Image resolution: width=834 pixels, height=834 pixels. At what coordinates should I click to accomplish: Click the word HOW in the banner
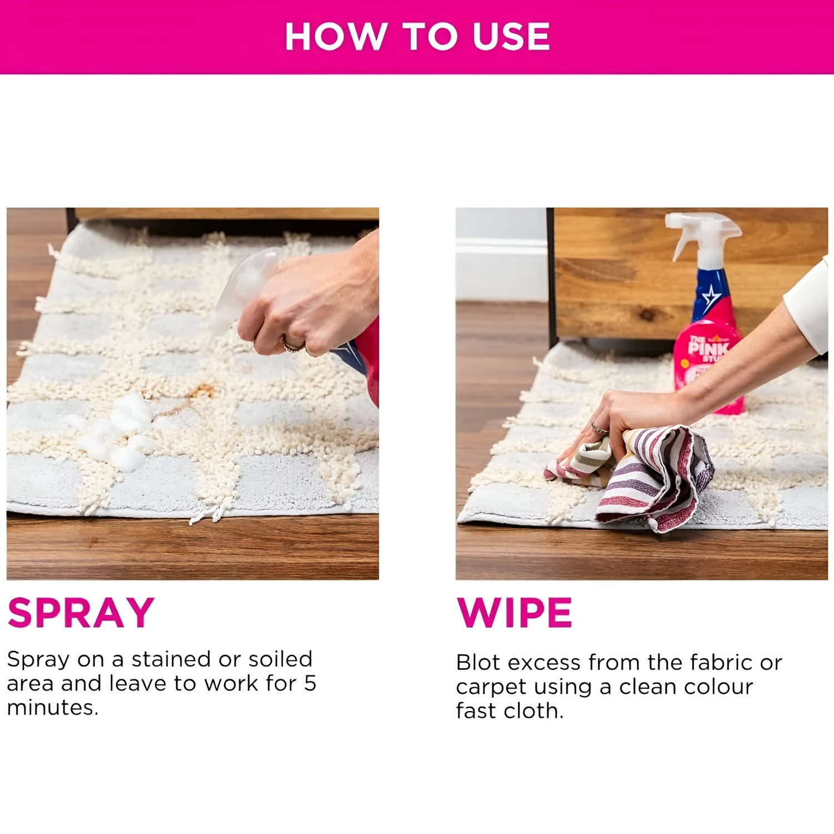tap(336, 37)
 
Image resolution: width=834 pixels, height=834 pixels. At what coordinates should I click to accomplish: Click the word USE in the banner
tap(512, 37)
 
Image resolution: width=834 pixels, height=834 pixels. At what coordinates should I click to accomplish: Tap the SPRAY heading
tap(81, 613)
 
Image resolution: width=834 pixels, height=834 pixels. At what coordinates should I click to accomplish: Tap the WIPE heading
tap(514, 613)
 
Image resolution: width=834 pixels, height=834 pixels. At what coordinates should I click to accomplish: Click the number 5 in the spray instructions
tap(310, 683)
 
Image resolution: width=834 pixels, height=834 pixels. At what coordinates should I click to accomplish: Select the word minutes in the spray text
tap(52, 708)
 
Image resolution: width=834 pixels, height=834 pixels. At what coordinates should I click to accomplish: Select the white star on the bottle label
tap(710, 299)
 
